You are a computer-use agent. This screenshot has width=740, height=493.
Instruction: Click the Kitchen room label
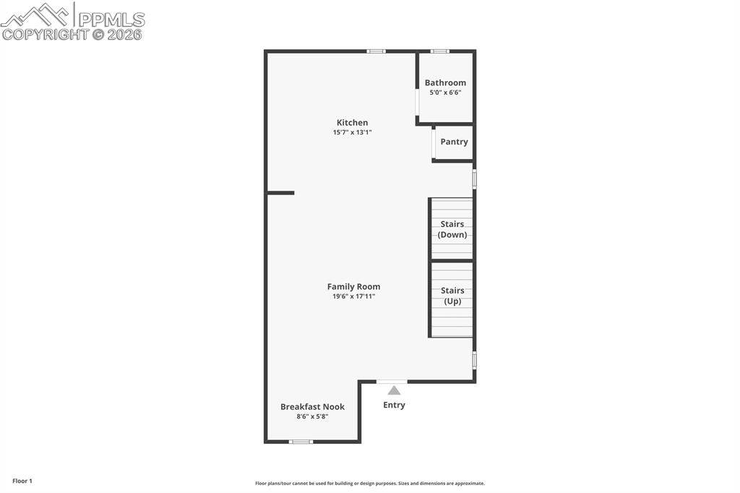pos(352,122)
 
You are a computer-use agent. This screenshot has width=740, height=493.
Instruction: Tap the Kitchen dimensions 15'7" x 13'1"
pos(352,132)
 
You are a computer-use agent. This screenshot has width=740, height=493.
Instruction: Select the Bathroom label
pos(445,82)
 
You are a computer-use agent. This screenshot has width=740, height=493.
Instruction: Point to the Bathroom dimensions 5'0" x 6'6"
pos(445,93)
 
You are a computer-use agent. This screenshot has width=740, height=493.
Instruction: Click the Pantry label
pos(454,142)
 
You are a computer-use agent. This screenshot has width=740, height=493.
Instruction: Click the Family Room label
pos(353,286)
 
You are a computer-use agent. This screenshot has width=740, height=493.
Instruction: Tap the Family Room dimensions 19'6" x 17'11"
pos(353,296)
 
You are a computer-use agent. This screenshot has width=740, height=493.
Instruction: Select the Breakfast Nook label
pos(312,406)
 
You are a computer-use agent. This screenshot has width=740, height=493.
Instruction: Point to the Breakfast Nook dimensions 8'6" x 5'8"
pos(312,417)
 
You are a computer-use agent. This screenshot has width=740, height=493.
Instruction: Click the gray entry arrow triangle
pos(394,390)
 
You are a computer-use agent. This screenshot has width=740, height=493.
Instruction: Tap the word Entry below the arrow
pos(394,405)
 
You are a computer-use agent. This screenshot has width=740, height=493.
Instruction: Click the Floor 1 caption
pos(22,481)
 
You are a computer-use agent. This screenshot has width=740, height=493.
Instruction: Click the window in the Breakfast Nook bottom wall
pos(301,441)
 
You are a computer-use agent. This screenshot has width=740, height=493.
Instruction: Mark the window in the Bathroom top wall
pos(439,51)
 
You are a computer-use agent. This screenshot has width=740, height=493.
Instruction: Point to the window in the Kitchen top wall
pos(376,51)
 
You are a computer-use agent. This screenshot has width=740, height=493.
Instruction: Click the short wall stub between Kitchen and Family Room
pos(280,193)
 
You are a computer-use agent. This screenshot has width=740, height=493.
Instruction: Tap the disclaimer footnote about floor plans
pos(370,484)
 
